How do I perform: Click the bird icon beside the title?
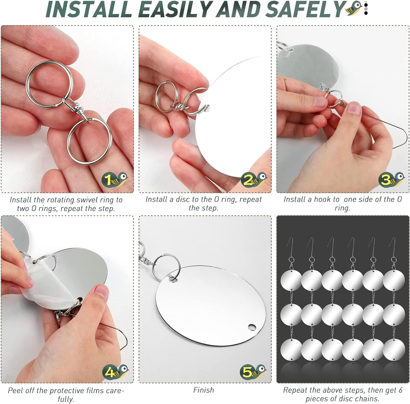355,8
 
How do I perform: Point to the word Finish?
204,390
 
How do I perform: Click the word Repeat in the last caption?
295,390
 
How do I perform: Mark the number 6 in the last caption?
400,390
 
